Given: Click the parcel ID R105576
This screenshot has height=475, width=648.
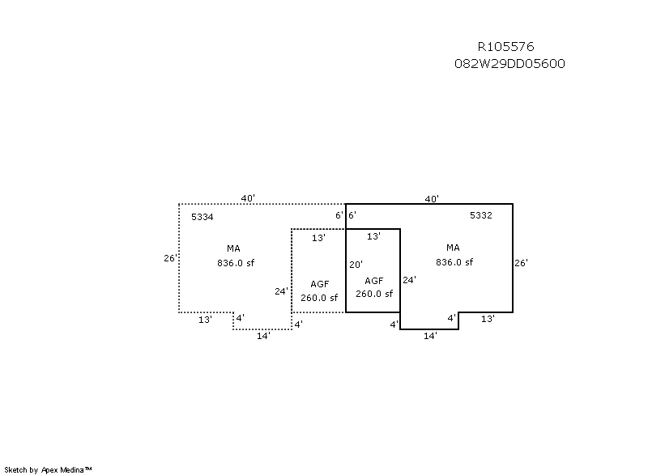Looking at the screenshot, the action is click(x=505, y=47).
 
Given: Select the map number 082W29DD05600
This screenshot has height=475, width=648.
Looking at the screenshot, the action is click(x=509, y=64).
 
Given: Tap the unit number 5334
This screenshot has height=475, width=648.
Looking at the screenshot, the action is click(x=202, y=217).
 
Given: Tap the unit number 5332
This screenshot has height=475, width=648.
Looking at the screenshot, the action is click(x=481, y=215).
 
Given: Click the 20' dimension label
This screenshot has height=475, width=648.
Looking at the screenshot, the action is click(x=356, y=265).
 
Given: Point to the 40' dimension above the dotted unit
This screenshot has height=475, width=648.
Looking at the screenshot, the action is click(x=248, y=198).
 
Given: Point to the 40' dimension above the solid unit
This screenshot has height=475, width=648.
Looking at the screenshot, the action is click(x=432, y=199).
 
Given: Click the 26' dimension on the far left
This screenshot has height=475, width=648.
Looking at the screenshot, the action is click(x=170, y=258).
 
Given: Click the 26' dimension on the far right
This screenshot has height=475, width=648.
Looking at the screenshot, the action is click(x=521, y=263).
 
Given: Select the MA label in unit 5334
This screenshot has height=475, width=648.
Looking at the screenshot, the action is click(x=233, y=248).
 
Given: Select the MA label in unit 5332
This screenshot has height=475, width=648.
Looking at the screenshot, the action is click(x=453, y=248).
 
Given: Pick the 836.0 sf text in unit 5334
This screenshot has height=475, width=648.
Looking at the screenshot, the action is click(x=236, y=263).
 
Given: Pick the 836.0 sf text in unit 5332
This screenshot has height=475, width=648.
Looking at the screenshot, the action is click(x=454, y=262).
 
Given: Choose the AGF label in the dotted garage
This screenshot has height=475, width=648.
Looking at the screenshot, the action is click(x=319, y=284).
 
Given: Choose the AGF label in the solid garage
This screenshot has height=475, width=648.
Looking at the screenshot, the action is click(x=374, y=281).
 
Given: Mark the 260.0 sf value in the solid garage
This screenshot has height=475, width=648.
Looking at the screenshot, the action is click(x=374, y=294).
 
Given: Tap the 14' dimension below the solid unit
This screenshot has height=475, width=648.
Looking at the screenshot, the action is click(x=430, y=336).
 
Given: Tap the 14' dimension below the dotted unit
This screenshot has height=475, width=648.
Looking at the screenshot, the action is click(x=263, y=336).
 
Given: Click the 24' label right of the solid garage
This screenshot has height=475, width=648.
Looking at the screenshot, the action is click(x=409, y=280).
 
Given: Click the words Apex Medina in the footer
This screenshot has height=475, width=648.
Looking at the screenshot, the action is click(x=63, y=469).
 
